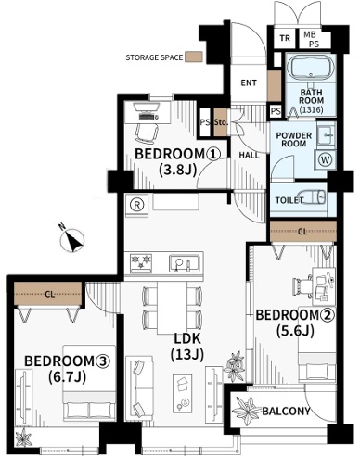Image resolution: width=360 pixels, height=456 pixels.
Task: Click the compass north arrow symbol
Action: pos(72,240)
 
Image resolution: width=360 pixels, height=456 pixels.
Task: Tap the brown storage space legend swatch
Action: pos(194,57)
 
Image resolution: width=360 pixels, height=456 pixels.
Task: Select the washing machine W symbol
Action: pos(325,160)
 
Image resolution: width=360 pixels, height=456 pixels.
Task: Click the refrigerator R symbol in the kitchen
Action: pos(136,206)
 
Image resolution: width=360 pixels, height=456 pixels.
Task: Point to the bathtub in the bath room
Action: pos(311,68)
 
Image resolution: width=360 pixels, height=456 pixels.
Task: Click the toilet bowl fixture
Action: pos(314,197)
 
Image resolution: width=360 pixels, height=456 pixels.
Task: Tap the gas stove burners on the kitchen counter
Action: pos(141,262)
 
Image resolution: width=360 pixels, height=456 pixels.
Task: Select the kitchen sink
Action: pos(184,263)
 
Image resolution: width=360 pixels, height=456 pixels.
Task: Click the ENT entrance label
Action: pos(249,82)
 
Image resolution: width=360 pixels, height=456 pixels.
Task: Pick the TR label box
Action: pos(285,38)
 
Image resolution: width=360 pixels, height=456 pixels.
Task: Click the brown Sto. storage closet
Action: pos(221,122)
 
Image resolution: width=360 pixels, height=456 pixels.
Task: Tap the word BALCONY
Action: pos(286,411)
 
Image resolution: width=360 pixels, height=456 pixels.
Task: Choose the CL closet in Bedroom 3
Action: pos(48,294)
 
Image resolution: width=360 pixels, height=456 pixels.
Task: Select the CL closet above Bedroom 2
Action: pos(302,231)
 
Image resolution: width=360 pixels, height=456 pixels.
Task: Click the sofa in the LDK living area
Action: pos(139,387)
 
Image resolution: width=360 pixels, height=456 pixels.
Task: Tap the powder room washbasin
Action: pos(327,135)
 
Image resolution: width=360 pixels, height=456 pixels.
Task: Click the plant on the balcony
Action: pos(247,411)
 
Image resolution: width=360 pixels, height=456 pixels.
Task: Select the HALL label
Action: pos(249,155)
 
